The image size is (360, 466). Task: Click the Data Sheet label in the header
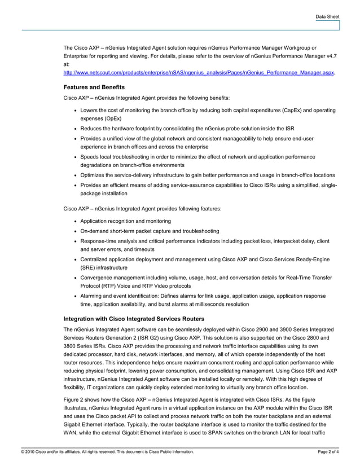tap(327, 17)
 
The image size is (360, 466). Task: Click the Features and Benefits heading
tap(94, 87)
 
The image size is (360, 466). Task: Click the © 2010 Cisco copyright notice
tap(107, 452)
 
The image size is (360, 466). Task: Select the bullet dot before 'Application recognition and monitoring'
tap(76, 221)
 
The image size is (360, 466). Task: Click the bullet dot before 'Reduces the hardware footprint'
tap(76, 129)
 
